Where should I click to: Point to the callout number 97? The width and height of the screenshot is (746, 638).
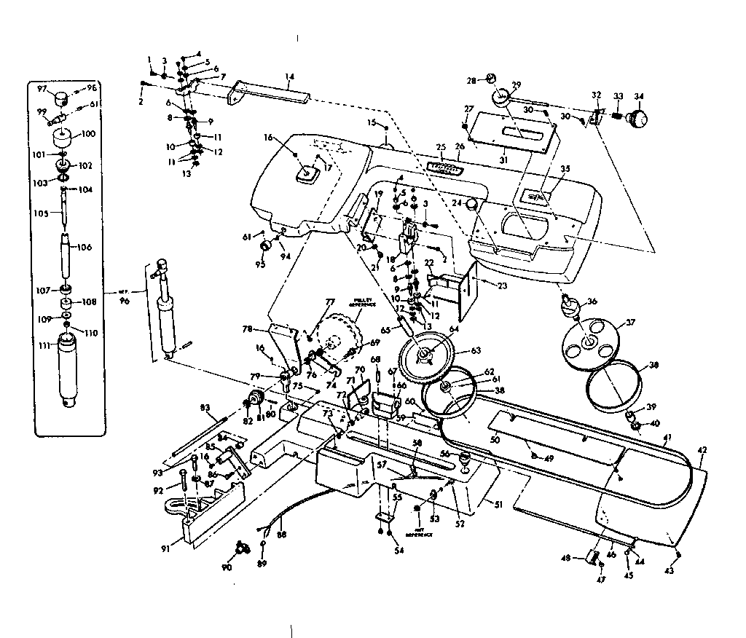tap(42, 89)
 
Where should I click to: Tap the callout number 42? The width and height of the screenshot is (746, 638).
tap(702, 451)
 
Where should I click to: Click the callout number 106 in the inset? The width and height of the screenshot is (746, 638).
tap(85, 248)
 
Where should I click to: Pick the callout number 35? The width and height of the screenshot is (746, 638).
tap(564, 168)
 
